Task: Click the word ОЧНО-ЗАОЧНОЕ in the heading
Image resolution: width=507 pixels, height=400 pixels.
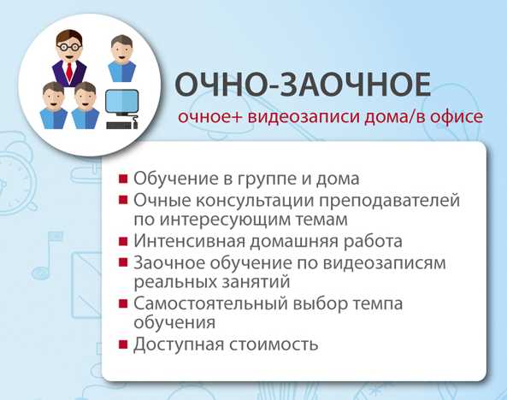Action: (x=301, y=85)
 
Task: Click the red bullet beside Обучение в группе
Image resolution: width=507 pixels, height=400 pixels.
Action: (x=124, y=180)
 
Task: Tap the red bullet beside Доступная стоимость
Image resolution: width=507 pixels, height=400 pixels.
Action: (x=124, y=345)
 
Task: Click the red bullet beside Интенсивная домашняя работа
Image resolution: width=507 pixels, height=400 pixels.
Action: (x=124, y=243)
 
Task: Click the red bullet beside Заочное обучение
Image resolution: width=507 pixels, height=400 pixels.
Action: (x=124, y=263)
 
